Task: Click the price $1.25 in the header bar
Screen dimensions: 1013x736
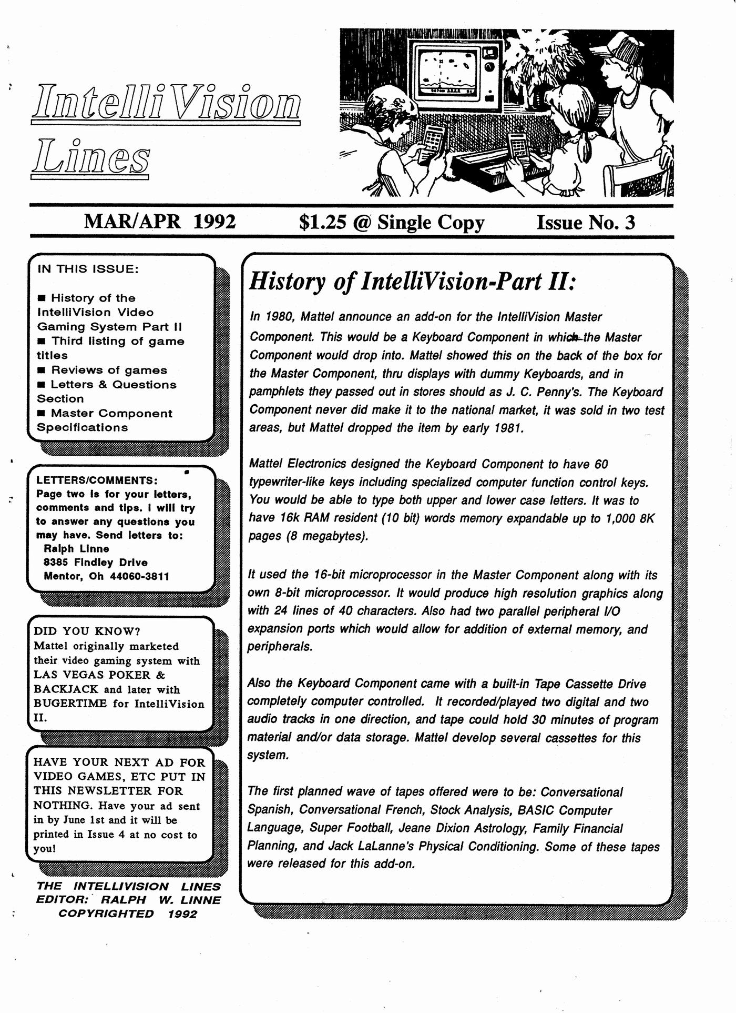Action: tap(322, 223)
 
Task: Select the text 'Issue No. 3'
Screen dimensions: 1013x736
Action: tap(585, 223)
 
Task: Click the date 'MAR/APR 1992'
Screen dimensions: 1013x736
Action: tap(160, 222)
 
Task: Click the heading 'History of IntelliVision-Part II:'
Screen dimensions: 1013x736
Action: tap(413, 282)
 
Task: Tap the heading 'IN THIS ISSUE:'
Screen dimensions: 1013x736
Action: tap(88, 269)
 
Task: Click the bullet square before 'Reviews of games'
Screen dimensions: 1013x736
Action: tap(42, 370)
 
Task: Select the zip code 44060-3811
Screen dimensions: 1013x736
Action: tap(139, 576)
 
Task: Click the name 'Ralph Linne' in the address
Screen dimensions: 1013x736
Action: tap(76, 549)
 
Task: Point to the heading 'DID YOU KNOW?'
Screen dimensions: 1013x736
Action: tap(87, 631)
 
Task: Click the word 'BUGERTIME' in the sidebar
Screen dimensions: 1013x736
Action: tap(71, 704)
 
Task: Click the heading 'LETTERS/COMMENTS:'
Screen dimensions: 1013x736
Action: tap(97, 480)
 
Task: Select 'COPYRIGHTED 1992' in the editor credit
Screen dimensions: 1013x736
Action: tap(127, 914)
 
